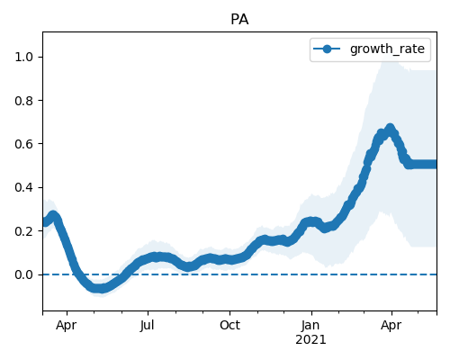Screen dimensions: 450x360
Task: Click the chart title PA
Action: [x=239, y=20]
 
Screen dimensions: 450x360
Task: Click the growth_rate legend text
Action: [x=387, y=49]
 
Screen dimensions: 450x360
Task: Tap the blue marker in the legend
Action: [x=327, y=49]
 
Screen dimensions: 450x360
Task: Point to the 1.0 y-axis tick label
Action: [x=23, y=57]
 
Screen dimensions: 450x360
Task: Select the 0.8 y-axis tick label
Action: [x=23, y=101]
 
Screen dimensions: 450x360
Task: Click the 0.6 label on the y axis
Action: [x=23, y=144]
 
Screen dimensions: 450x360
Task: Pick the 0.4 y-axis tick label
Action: [x=23, y=187]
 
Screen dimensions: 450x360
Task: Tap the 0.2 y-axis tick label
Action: [x=23, y=231]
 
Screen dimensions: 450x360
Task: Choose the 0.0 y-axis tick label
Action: [x=23, y=274]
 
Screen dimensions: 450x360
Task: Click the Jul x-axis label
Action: [x=148, y=325]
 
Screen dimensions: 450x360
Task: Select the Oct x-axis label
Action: [x=229, y=325]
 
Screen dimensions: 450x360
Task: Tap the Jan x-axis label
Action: [x=310, y=325]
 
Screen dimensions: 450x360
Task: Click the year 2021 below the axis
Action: [x=310, y=340]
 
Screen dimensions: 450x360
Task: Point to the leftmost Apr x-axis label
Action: [x=66, y=326]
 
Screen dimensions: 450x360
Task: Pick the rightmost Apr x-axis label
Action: [x=391, y=326]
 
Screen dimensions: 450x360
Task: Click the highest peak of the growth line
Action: [x=390, y=129]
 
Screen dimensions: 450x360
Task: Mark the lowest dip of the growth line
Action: [x=101, y=289]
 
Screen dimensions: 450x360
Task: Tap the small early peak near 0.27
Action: [x=53, y=215]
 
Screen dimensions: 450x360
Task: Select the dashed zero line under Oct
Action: [x=229, y=274]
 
